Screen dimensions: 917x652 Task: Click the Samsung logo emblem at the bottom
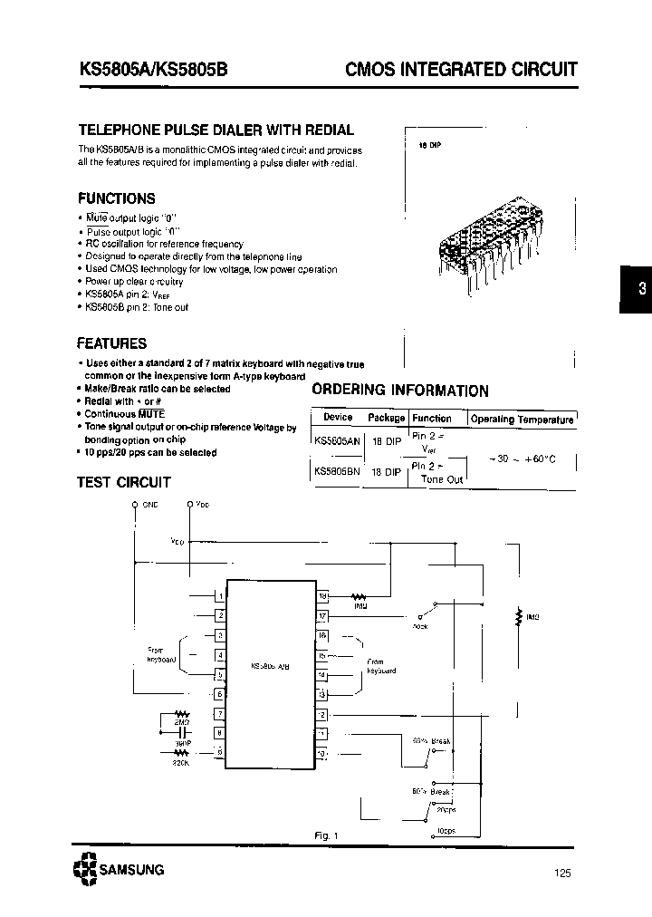tap(87, 869)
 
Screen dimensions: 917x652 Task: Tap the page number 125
tap(561, 874)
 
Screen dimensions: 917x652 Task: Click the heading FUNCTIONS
tap(116, 198)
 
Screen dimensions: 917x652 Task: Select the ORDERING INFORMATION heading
tap(399, 391)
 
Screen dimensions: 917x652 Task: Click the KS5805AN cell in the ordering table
tap(336, 440)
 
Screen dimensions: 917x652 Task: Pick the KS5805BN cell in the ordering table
tap(336, 472)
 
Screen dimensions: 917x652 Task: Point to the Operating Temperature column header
tap(522, 419)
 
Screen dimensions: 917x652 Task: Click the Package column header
tap(387, 418)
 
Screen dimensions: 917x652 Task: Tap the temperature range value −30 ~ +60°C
tap(523, 459)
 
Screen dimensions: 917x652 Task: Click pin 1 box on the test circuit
tap(219, 596)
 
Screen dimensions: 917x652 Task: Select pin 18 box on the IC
tap(321, 596)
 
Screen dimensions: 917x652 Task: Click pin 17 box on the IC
tap(321, 616)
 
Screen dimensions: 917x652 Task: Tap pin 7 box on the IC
tap(219, 714)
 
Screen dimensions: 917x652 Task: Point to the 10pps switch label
tap(445, 829)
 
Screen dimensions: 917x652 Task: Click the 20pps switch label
tap(446, 809)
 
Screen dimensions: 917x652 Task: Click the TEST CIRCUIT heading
tap(124, 482)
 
